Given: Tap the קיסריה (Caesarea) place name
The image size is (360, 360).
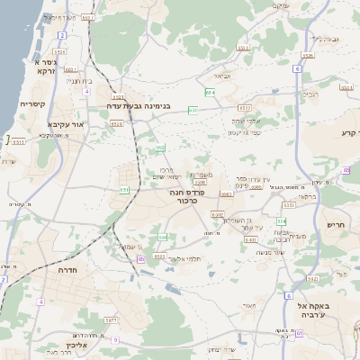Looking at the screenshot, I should tap(33, 104).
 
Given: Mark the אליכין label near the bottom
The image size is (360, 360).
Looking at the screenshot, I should tap(76, 344).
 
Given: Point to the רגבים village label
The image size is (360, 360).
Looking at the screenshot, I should tap(309, 93).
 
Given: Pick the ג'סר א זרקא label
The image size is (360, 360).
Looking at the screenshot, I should tap(45, 66).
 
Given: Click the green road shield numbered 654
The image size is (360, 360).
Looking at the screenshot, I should tap(210, 92).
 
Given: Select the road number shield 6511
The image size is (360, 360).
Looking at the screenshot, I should tap(18, 141).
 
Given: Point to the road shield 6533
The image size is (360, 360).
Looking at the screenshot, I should tap(193, 110).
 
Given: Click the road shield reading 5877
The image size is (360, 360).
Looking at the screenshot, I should tap(112, 320).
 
